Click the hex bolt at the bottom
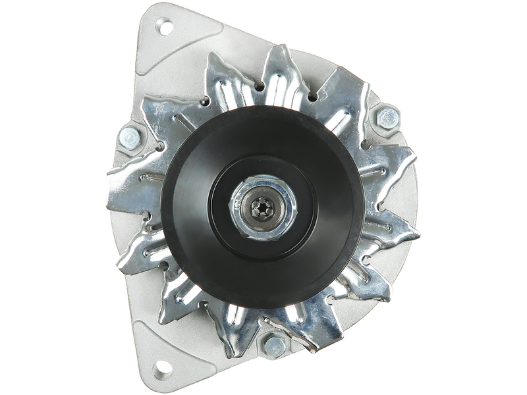271,343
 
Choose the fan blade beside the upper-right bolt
359,99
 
